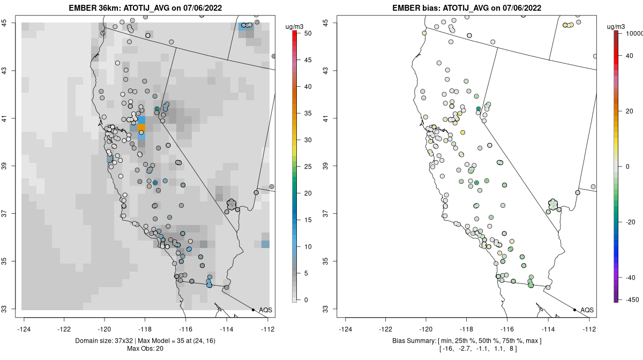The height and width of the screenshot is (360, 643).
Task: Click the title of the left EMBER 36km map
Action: click(x=147, y=8)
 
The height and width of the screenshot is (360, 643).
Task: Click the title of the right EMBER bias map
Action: click(x=467, y=8)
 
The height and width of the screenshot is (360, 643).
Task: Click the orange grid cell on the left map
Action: click(x=142, y=127)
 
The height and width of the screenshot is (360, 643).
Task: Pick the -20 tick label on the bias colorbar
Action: click(x=630, y=222)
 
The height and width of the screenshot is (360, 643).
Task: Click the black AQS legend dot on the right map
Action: click(x=574, y=310)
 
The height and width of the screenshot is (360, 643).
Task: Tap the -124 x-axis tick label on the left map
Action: click(x=24, y=329)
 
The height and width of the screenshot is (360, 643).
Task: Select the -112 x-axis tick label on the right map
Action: click(x=589, y=329)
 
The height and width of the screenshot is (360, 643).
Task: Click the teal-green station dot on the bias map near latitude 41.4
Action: click(x=478, y=109)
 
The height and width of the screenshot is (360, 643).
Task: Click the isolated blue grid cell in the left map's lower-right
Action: click(x=265, y=244)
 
